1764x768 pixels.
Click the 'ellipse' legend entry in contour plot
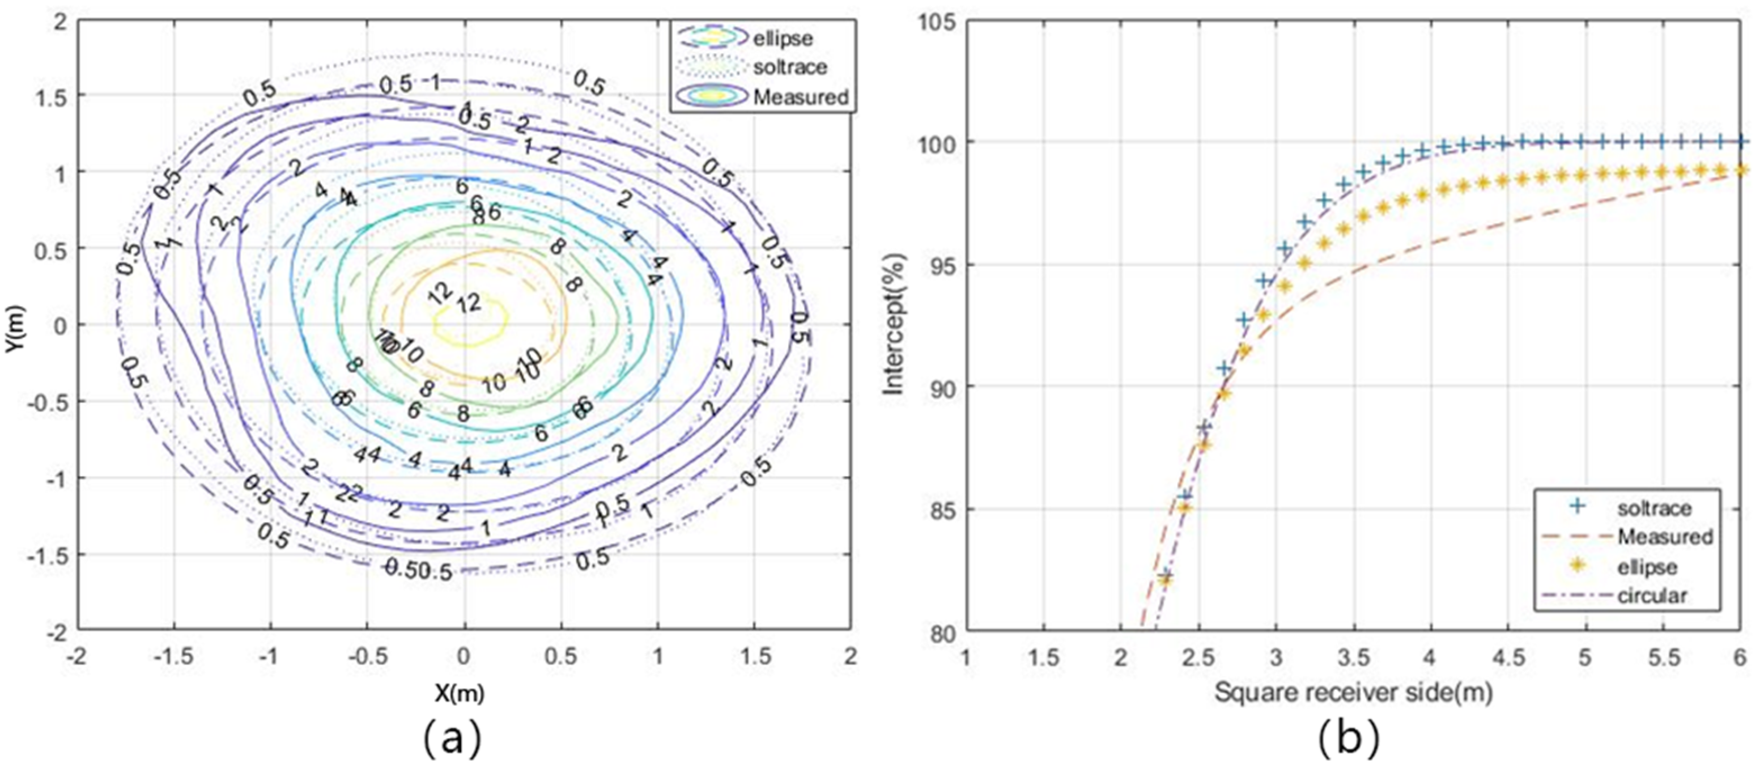point(783,39)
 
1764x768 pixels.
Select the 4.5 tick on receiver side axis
point(1508,657)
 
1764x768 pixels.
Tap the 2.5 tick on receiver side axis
point(1198,657)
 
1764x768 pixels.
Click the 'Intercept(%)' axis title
point(894,325)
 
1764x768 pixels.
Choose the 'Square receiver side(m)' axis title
point(1353,693)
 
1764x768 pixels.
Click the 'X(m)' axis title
point(460,693)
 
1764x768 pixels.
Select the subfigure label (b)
point(1348,739)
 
